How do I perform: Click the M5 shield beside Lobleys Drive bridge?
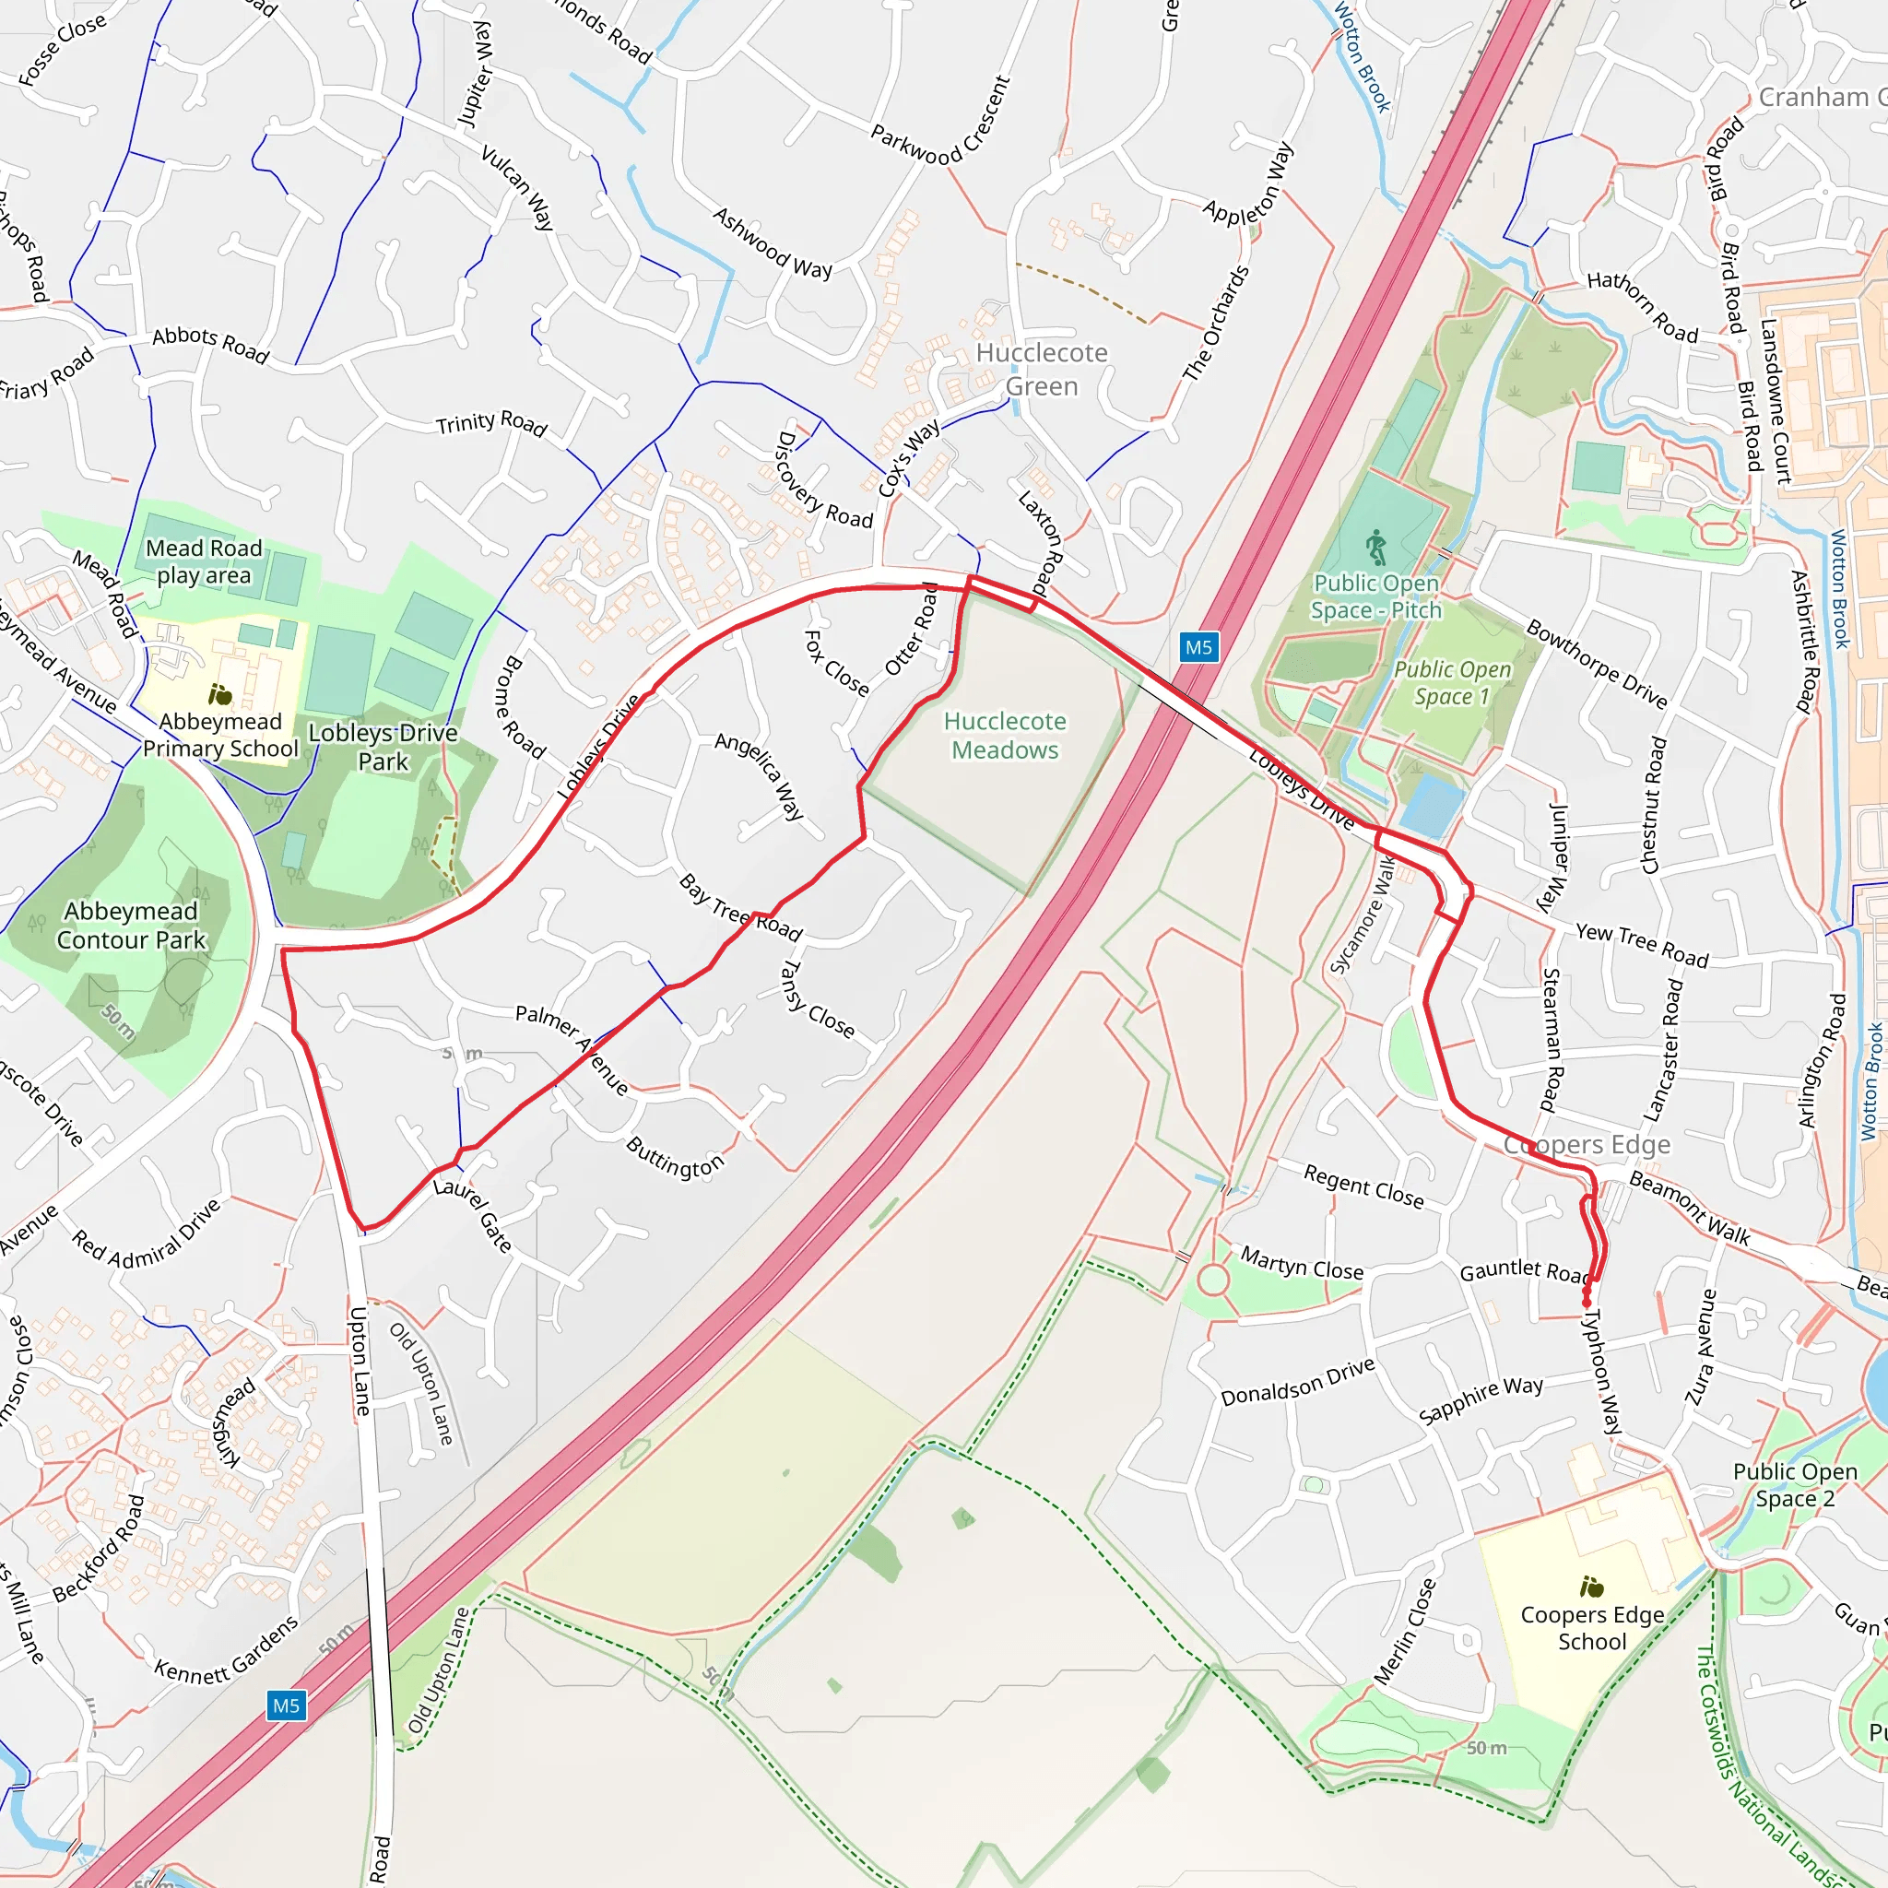[1198, 647]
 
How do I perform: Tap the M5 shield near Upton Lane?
[286, 1706]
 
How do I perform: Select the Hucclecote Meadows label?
[1005, 736]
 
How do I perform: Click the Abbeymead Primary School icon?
[221, 695]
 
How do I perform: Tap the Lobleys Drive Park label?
[383, 747]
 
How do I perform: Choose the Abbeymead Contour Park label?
[131, 926]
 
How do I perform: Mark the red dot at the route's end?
[1586, 1303]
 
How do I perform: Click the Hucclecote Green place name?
[1042, 370]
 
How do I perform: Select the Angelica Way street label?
[760, 776]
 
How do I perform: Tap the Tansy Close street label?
[817, 999]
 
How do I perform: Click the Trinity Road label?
[490, 423]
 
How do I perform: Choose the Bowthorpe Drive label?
[1596, 664]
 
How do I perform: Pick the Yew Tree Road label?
[1642, 946]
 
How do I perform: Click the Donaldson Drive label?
[1297, 1382]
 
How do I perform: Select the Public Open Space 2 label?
[1795, 1485]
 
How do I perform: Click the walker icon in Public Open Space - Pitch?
[1376, 548]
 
